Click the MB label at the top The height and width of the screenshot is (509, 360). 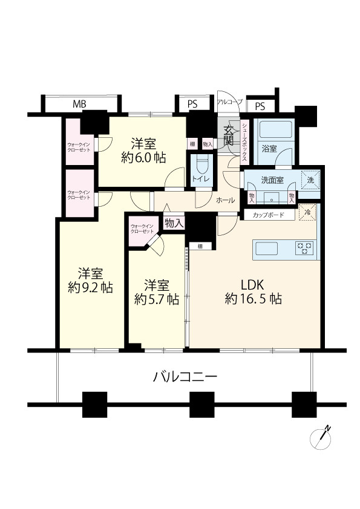pyautogui.click(x=79, y=104)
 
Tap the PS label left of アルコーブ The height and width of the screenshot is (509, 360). pyautogui.click(x=192, y=104)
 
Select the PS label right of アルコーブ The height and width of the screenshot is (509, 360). pyautogui.click(x=260, y=106)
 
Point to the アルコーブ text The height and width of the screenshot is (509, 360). pyautogui.click(x=229, y=102)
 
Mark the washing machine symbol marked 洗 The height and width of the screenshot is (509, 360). pyautogui.click(x=310, y=180)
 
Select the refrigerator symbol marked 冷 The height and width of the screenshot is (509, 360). pyautogui.click(x=308, y=212)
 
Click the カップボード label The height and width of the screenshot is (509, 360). pyautogui.click(x=269, y=215)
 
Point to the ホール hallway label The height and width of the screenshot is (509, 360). pyautogui.click(x=224, y=199)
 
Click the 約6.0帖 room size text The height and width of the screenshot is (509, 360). pyautogui.click(x=143, y=158)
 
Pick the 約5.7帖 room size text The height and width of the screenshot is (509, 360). pyautogui.click(x=156, y=299)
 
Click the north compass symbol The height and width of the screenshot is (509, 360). pyautogui.click(x=320, y=438)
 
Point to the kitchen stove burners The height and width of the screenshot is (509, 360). pyautogui.click(x=304, y=247)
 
